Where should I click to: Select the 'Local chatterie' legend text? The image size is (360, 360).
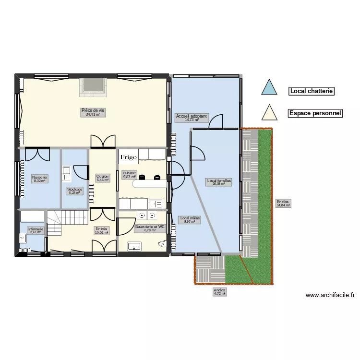pyautogui.click(x=311, y=91)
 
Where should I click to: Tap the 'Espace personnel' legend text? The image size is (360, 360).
pyautogui.click(x=315, y=114)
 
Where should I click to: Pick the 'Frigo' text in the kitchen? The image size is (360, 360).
pyautogui.click(x=129, y=157)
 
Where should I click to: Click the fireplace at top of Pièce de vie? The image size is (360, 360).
pyautogui.click(x=94, y=85)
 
